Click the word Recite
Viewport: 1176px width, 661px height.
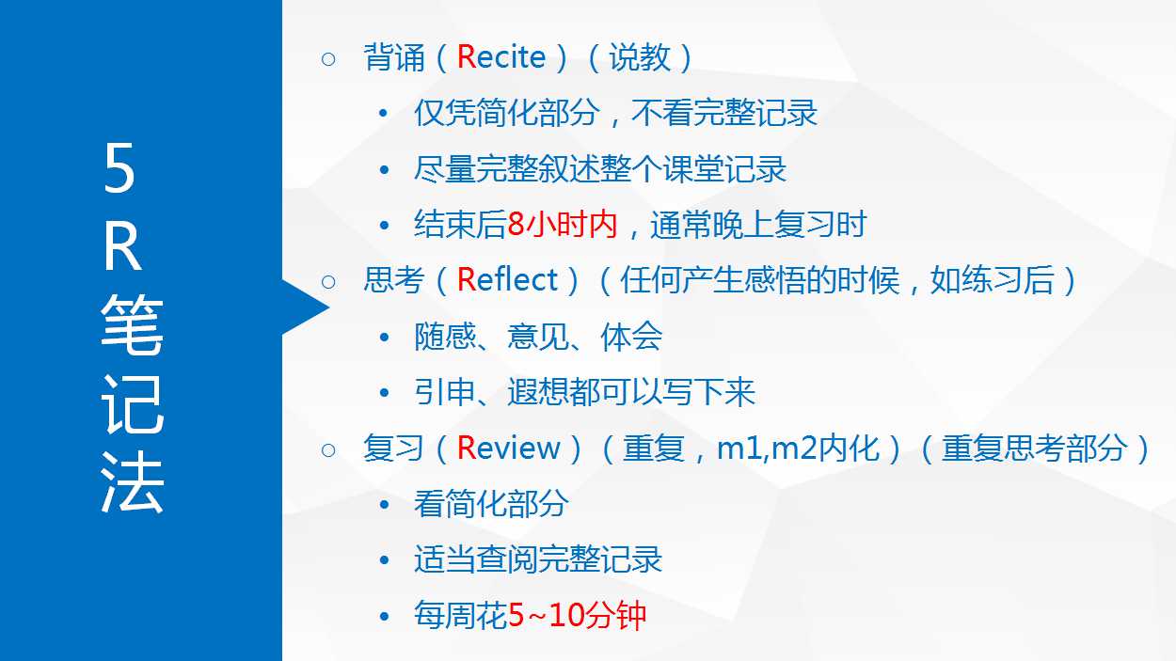pos(501,56)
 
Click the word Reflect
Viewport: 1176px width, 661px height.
pos(507,279)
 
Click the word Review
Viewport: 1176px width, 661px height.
pos(509,449)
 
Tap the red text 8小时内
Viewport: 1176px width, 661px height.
pos(563,225)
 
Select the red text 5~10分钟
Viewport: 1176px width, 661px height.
pos(577,615)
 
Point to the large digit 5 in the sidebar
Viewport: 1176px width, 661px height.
pos(119,168)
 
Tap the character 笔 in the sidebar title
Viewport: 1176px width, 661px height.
pos(132,324)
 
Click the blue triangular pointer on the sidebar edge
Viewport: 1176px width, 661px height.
pos(305,307)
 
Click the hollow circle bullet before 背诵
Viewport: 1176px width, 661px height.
pos(328,58)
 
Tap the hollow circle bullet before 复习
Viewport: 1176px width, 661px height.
pos(328,450)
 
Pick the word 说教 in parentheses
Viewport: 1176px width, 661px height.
pos(640,56)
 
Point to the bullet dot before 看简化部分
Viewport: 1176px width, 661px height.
pos(384,505)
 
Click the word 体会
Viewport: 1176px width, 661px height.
pos(631,337)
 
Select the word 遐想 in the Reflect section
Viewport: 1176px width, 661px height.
pos(537,392)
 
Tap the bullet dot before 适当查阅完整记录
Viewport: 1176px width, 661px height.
pos(384,559)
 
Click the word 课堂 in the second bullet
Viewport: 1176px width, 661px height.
pos(693,169)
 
